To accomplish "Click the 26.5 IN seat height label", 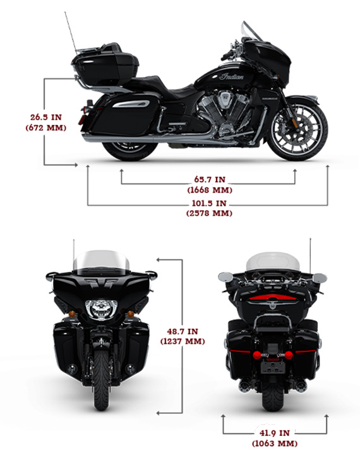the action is click(x=46, y=117).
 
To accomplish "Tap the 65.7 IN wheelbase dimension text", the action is click(x=210, y=179).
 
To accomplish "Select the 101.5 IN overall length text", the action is click(x=209, y=203).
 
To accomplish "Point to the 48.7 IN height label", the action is click(x=183, y=331).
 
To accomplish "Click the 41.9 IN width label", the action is click(x=275, y=433).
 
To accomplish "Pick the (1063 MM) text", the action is click(x=275, y=444).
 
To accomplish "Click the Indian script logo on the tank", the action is click(x=231, y=76).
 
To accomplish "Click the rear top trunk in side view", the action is click(x=105, y=65).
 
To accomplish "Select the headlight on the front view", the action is click(x=101, y=309).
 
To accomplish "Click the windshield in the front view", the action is click(x=101, y=263).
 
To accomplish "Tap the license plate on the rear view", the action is click(x=272, y=367).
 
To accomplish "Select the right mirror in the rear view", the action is click(x=320, y=277).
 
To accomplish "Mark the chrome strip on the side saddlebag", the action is click(x=132, y=104).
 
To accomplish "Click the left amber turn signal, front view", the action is click(x=72, y=314).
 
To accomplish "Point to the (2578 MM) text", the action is click(x=209, y=213).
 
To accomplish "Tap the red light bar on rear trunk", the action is click(x=273, y=298).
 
